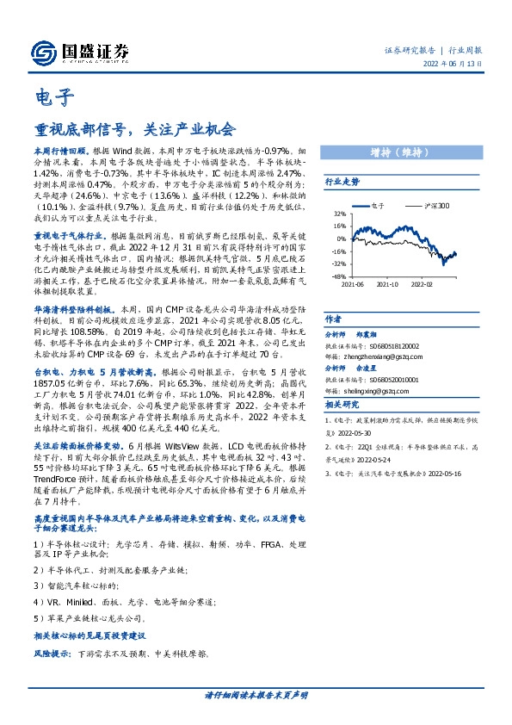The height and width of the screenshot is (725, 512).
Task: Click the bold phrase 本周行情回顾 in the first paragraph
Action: [61, 149]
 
